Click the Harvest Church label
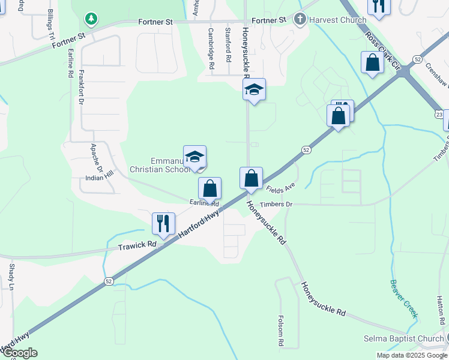tap(337, 20)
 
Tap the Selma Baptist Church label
tap(403, 339)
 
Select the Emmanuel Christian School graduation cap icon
tap(194, 157)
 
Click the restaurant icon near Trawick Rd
tap(163, 224)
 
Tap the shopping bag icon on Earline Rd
tap(209, 188)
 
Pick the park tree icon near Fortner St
tap(91, 19)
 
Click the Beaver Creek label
tap(403, 298)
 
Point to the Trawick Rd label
tap(137, 245)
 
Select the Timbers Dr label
tap(276, 205)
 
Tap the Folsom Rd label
tap(281, 332)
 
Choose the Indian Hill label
tap(99, 178)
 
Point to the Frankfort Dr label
tap(81, 88)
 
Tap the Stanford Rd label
tap(228, 45)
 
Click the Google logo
tap(19, 353)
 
